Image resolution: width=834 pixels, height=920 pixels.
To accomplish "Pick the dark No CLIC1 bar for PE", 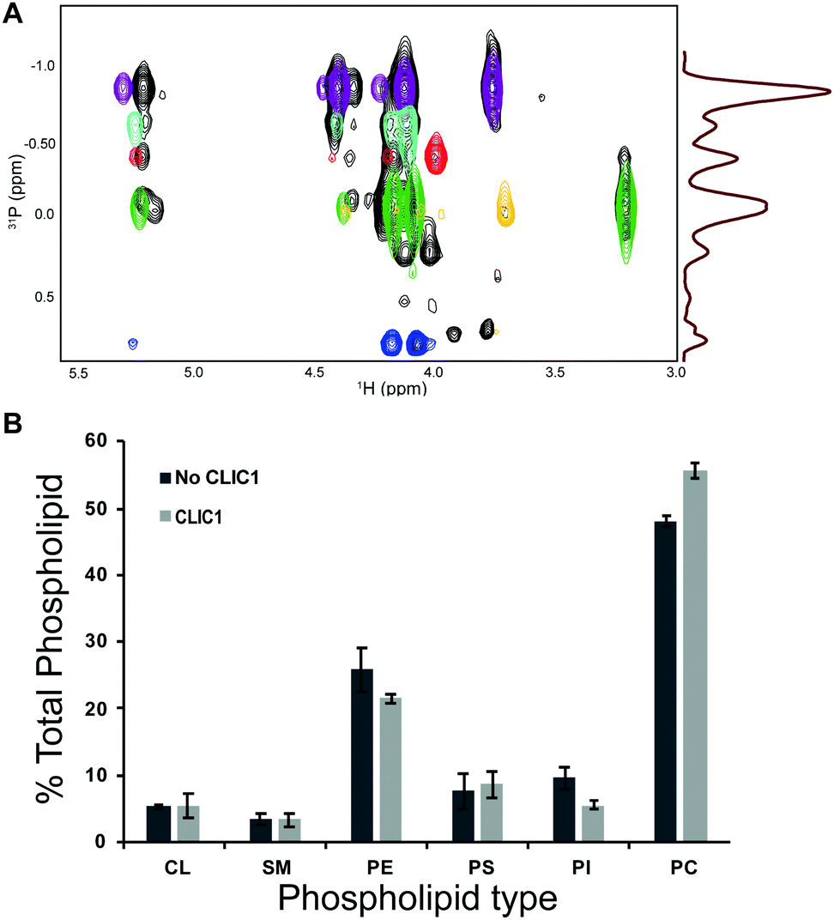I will pos(362,755).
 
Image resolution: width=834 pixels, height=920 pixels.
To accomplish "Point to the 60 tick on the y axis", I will pos(104,442).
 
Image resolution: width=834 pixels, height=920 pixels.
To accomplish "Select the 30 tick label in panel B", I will pos(104,642).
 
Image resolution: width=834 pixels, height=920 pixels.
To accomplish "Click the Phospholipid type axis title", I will pos(417,899).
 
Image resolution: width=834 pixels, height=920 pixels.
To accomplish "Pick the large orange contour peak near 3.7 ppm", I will pos(506,206).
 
